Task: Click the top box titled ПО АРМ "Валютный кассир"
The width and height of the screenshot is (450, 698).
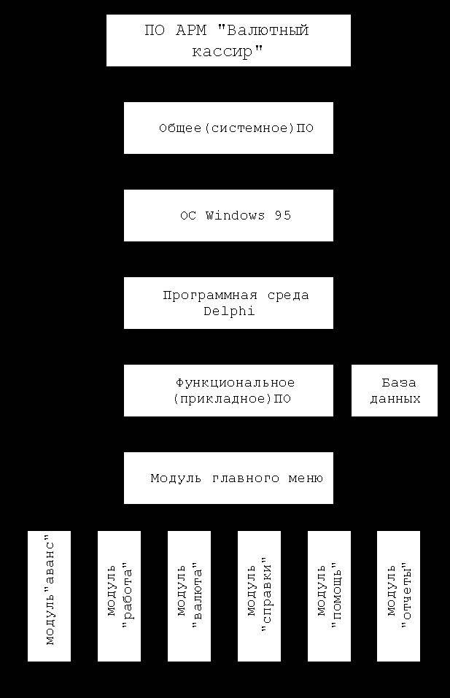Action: tap(228, 41)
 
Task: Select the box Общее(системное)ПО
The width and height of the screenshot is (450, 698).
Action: tap(228, 128)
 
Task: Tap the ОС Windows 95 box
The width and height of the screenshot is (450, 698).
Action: tap(228, 215)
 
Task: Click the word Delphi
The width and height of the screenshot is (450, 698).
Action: tap(229, 311)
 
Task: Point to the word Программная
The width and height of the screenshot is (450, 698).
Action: tap(210, 295)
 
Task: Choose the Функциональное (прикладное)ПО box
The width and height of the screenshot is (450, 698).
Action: tap(228, 391)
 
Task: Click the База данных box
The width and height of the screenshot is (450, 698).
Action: tap(395, 391)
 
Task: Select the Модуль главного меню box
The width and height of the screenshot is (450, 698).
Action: tap(228, 478)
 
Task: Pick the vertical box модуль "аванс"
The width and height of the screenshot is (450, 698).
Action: tap(49, 596)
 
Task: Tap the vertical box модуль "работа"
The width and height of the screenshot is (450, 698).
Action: tap(120, 596)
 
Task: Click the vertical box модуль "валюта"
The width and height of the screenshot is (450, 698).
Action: tap(189, 596)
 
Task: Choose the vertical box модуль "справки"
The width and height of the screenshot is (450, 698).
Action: tap(259, 596)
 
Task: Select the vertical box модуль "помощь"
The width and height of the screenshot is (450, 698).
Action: tap(329, 596)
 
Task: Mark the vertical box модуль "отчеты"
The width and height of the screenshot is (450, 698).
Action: tap(398, 596)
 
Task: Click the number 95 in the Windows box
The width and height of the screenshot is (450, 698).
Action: tap(283, 216)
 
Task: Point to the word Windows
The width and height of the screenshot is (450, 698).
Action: tap(235, 216)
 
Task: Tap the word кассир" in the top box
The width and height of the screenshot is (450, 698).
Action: tap(228, 51)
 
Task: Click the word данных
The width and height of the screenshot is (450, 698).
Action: tap(395, 398)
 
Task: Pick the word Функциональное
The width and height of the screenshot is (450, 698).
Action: tap(235, 383)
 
